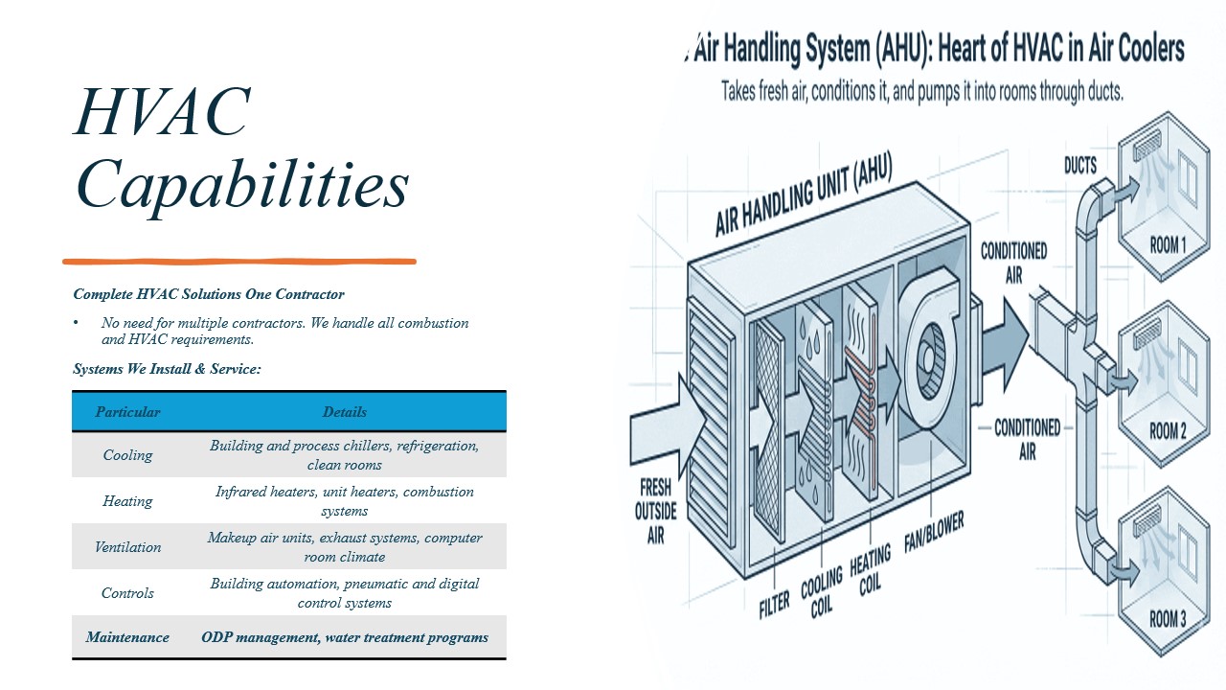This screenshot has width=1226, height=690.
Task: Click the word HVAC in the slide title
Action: pyautogui.click(x=163, y=111)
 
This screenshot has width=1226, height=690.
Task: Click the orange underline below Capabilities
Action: pyautogui.click(x=239, y=262)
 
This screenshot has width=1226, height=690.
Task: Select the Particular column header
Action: pyautogui.click(x=127, y=412)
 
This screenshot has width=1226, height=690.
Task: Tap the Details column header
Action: pyautogui.click(x=344, y=412)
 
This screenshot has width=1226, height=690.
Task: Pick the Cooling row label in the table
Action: pyautogui.click(x=127, y=455)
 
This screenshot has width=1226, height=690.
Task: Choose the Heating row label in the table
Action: pyautogui.click(x=127, y=501)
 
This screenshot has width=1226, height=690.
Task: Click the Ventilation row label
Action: pyautogui.click(x=127, y=547)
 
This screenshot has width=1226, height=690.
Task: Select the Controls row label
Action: pyautogui.click(x=127, y=593)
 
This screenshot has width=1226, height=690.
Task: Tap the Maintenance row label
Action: pyautogui.click(x=127, y=637)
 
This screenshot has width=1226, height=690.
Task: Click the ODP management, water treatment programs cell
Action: pyautogui.click(x=344, y=637)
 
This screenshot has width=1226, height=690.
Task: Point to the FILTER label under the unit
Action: pyautogui.click(x=775, y=605)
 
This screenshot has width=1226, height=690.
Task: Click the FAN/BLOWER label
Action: pyautogui.click(x=934, y=532)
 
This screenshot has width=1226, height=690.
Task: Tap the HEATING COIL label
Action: pyautogui.click(x=871, y=570)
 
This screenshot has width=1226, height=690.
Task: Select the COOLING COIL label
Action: pyautogui.click(x=822, y=592)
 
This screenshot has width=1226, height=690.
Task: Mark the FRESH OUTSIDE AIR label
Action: pyautogui.click(x=655, y=512)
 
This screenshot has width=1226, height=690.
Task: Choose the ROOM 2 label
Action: pyautogui.click(x=1168, y=431)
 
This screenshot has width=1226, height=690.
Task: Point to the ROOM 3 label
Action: pyautogui.click(x=1168, y=619)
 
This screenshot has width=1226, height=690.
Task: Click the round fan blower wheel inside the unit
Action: pyautogui.click(x=928, y=360)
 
